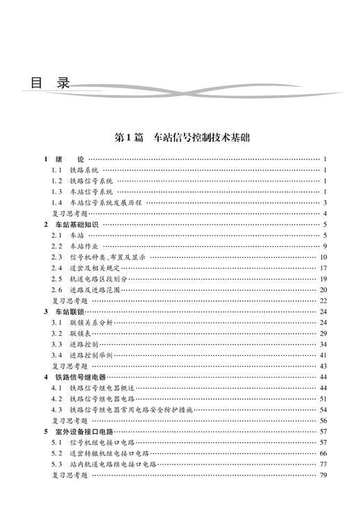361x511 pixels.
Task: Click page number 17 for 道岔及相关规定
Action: click(x=323, y=268)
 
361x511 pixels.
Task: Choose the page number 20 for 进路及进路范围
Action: click(x=323, y=290)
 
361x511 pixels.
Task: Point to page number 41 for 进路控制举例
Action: click(x=323, y=355)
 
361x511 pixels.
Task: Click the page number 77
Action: click(x=323, y=464)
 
